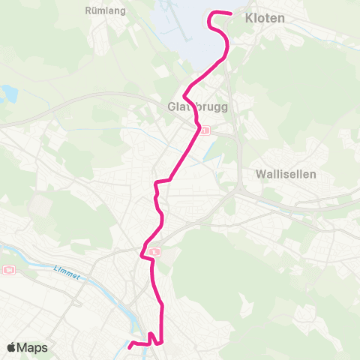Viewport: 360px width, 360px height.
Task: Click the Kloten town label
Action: tap(265, 19)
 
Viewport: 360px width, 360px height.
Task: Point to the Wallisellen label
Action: tap(286, 173)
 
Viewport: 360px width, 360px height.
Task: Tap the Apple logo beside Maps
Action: tap(11, 348)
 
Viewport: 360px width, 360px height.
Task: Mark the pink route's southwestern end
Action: tap(129, 346)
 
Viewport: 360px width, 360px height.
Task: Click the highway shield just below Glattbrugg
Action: tap(205, 130)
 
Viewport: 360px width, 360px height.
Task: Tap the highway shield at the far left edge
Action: tap(8, 270)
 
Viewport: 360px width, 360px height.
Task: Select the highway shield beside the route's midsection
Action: tap(153, 253)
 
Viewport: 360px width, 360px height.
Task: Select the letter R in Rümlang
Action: tap(90, 12)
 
